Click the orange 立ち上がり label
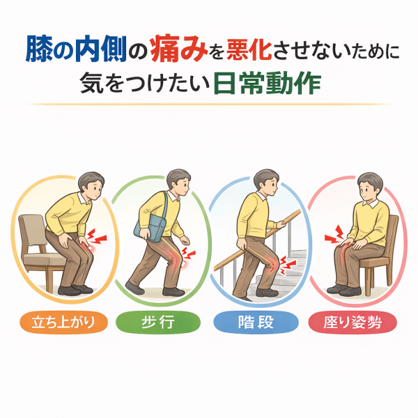(x=63, y=322)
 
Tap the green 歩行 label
(x=158, y=322)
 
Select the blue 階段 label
(x=256, y=322)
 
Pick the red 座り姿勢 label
(x=353, y=322)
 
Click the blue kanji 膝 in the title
(x=39, y=49)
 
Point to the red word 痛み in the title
(x=178, y=49)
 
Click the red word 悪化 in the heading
(x=249, y=49)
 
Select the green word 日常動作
(x=268, y=84)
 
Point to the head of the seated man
(x=370, y=187)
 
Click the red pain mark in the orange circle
(x=97, y=237)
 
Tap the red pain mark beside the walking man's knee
(x=187, y=255)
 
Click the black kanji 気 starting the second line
(x=91, y=84)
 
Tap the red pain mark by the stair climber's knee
(x=288, y=265)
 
